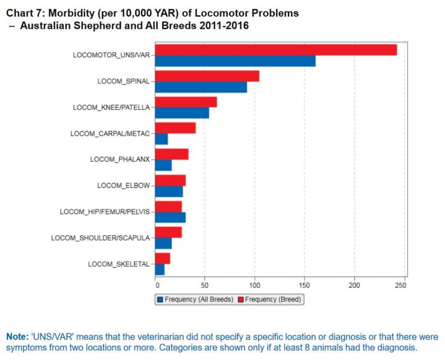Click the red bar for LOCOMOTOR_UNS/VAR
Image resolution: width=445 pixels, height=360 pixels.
276,50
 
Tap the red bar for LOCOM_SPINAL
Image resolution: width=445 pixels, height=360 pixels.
207,76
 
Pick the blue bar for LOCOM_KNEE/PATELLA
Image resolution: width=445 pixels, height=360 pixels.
182,113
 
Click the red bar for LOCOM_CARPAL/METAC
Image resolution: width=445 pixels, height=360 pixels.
175,128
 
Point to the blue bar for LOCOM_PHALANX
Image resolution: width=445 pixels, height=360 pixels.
163,165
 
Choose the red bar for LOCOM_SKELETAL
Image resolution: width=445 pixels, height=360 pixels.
163,258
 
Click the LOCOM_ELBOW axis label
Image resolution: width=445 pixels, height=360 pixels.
123,185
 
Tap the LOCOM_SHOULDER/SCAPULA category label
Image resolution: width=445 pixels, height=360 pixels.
100,238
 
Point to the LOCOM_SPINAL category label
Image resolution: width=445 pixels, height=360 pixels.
123,81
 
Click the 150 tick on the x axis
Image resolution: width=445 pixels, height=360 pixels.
304,286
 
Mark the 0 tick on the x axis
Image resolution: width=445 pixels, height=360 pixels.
155,286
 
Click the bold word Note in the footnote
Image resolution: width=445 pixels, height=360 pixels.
16,337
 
